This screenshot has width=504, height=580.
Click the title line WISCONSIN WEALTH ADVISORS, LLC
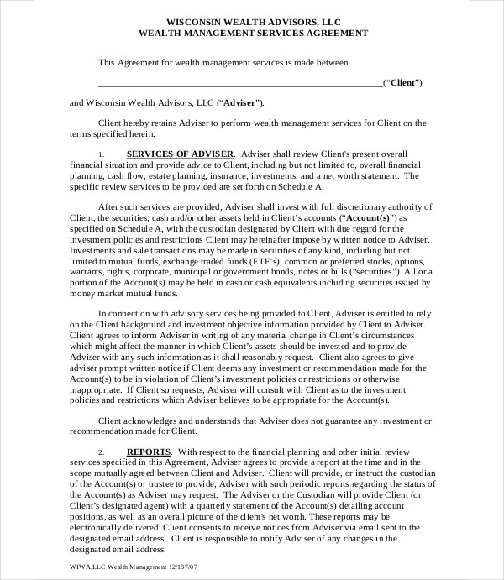[252, 22]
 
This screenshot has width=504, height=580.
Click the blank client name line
[239, 84]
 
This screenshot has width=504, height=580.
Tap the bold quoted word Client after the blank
[402, 83]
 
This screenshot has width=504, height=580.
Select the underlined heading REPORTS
[148, 452]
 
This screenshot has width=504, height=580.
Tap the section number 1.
[101, 154]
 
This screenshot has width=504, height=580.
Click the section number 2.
[101, 452]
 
